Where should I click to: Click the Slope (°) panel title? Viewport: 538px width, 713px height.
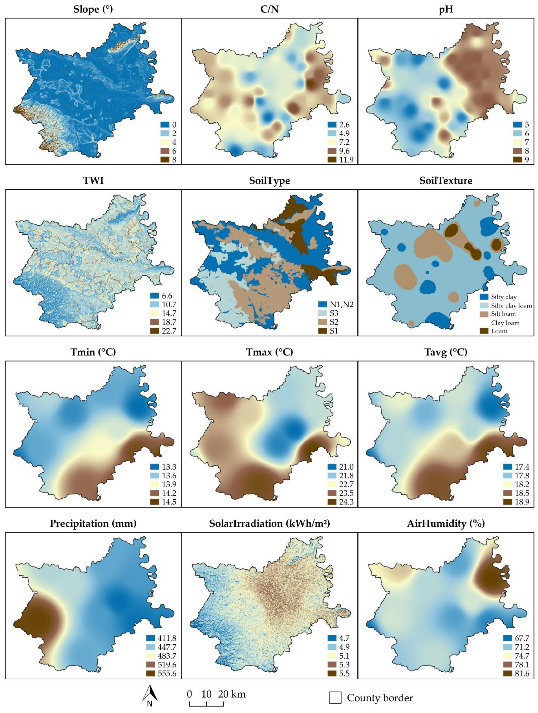coord(93,9)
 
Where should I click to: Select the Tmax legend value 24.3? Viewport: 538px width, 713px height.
coord(346,502)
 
